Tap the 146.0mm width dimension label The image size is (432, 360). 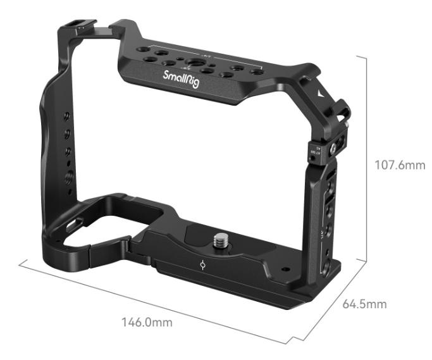[x=146, y=322]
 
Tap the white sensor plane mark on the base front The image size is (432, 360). [x=202, y=264]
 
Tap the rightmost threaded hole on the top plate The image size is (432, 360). [x=256, y=72]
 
